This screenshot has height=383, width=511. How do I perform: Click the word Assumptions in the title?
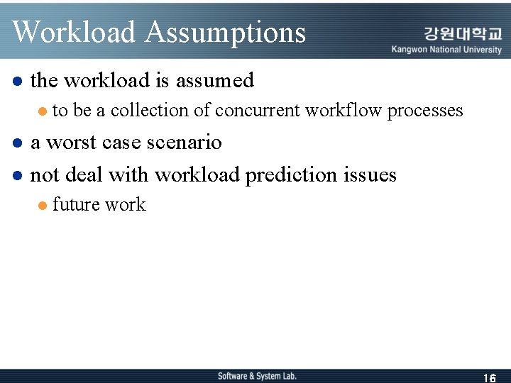click(x=225, y=33)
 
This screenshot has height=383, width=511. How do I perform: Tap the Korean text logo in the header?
click(x=462, y=34)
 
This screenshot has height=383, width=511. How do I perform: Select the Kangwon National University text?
click(x=446, y=50)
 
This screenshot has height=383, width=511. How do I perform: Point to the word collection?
click(x=149, y=111)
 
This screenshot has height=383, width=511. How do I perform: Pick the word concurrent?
click(x=258, y=111)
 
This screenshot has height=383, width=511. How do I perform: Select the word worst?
click(x=72, y=143)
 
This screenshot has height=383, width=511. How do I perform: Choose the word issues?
click(x=372, y=174)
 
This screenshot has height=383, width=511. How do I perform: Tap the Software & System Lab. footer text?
click(x=257, y=376)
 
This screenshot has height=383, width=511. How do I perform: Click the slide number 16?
click(x=489, y=378)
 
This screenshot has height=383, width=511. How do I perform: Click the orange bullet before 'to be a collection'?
click(x=43, y=111)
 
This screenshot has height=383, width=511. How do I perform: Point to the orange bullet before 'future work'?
click(x=43, y=206)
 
